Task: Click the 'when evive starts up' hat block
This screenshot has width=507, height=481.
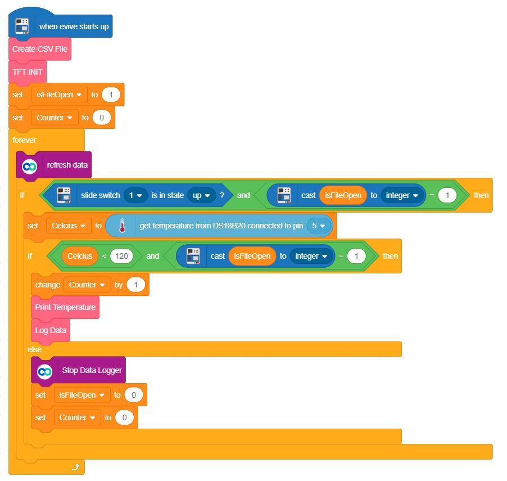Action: click(73, 26)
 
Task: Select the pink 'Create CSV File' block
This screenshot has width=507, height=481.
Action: click(40, 49)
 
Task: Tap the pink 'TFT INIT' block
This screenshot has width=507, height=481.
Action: click(28, 72)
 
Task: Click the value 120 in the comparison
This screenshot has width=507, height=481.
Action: click(121, 256)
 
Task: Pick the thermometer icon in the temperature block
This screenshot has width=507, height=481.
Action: click(121, 226)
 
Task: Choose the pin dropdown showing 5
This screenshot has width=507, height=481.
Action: click(319, 226)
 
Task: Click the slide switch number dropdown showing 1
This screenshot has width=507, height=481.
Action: click(135, 195)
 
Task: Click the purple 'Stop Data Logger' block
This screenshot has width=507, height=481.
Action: click(92, 371)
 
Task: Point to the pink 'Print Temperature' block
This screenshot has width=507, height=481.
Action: click(65, 307)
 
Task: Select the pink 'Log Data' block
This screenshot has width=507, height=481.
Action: click(51, 330)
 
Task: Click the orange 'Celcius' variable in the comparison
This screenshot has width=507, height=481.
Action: click(80, 256)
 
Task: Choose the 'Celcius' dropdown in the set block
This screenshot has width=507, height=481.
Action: click(67, 226)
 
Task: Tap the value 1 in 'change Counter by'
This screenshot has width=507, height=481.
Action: click(135, 285)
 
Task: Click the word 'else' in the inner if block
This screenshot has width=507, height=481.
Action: click(34, 349)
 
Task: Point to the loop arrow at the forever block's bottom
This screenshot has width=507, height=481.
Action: click(76, 467)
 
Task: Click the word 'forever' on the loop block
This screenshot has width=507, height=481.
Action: click(24, 140)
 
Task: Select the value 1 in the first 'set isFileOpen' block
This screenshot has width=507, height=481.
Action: click(111, 95)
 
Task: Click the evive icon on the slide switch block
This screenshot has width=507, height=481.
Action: click(64, 195)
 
